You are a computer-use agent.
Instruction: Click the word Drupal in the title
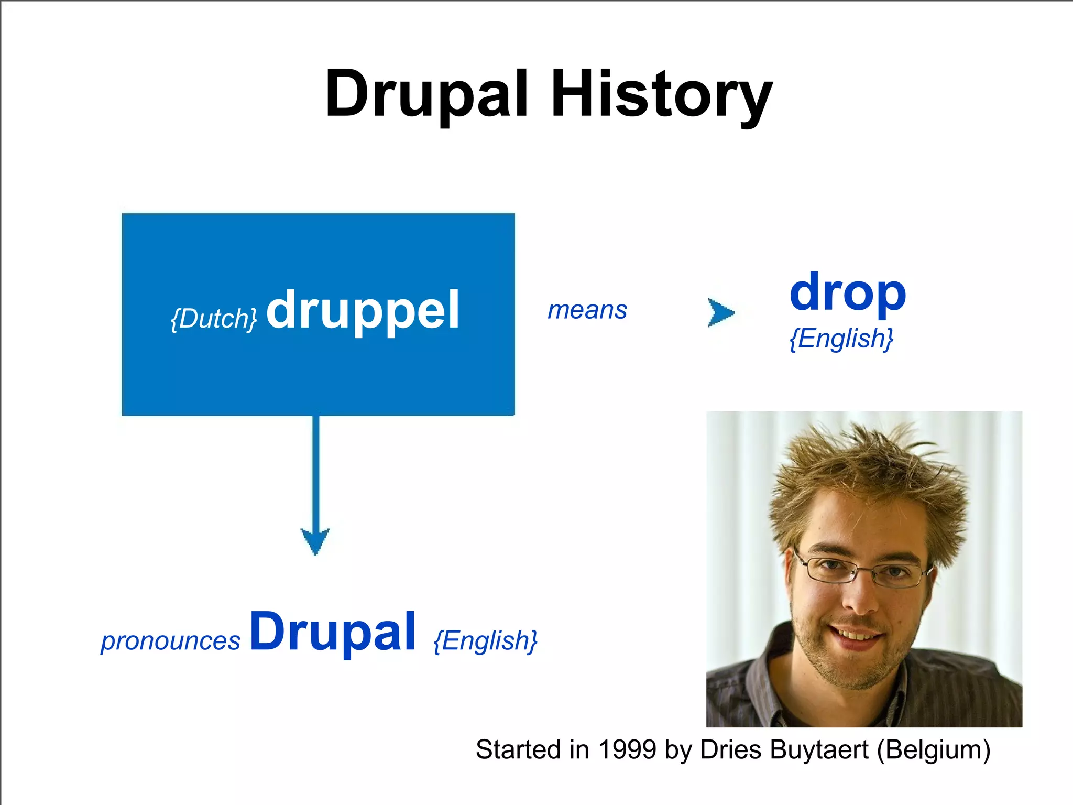point(426,94)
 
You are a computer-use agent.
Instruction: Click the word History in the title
point(661,95)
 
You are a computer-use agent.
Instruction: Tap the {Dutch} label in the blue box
point(214,318)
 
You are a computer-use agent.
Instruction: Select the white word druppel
point(363,311)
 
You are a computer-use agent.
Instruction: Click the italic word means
point(587,310)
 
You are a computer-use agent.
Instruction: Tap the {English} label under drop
point(841,338)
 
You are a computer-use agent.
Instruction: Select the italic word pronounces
point(170,641)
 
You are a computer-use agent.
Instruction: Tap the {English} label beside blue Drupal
point(485,640)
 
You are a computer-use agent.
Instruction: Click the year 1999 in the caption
point(627,749)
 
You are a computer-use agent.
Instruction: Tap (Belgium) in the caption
point(933,750)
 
